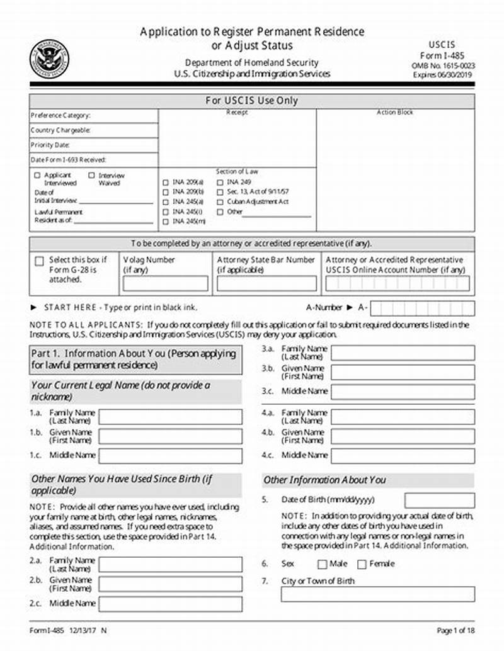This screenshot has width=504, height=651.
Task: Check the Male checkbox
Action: point(322,564)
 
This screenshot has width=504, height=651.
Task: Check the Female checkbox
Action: point(362,564)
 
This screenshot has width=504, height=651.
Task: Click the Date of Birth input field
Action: point(439,501)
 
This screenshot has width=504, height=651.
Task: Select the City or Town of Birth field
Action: point(377,594)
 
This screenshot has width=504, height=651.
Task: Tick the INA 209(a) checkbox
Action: point(166,182)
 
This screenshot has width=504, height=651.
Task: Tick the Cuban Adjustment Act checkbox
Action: point(220,202)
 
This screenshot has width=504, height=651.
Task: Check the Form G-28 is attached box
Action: point(40,261)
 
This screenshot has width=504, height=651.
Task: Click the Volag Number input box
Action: point(165,283)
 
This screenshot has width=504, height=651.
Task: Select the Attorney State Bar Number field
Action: point(266,283)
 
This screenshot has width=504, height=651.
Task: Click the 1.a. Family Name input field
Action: point(170,417)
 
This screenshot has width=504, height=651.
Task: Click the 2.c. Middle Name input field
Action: point(170,604)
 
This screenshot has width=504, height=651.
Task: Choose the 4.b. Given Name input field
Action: point(403,436)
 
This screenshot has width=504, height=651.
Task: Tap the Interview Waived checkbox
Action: point(92,176)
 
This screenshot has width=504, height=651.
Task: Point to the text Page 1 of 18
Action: point(455,630)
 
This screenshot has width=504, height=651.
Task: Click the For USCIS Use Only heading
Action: point(252,101)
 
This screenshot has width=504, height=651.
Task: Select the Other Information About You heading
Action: point(324,480)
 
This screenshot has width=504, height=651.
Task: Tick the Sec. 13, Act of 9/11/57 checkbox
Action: point(220,192)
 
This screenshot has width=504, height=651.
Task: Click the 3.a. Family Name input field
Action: point(403,353)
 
